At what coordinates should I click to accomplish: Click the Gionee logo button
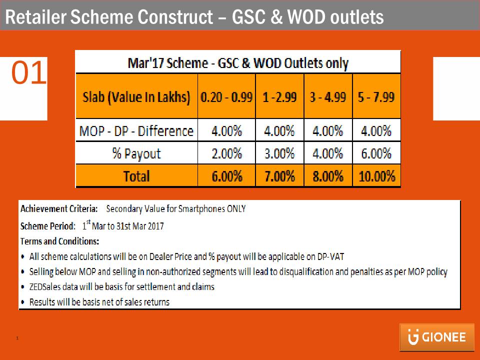click(x=437, y=337)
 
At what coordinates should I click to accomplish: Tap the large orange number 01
click(x=29, y=72)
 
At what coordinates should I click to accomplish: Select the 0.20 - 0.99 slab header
click(x=226, y=96)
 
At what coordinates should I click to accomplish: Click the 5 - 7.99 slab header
click(x=376, y=96)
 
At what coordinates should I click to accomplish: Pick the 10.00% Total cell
click(x=376, y=175)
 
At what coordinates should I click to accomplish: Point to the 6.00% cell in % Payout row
click(x=376, y=153)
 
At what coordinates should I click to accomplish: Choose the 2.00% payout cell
click(x=226, y=153)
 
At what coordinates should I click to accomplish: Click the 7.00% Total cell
click(x=280, y=175)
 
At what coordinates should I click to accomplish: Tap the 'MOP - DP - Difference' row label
click(x=136, y=130)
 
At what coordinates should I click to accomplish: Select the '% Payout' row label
click(x=136, y=153)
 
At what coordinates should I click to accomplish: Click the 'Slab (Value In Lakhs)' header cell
click(x=136, y=96)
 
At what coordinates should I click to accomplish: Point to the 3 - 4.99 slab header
click(x=328, y=96)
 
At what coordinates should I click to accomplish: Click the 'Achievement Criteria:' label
click(x=59, y=209)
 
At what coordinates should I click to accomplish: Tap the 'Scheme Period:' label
click(x=48, y=226)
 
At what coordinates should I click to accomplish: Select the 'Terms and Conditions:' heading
click(x=59, y=241)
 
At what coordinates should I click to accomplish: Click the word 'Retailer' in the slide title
click(x=36, y=16)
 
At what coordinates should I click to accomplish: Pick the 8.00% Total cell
click(x=328, y=175)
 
